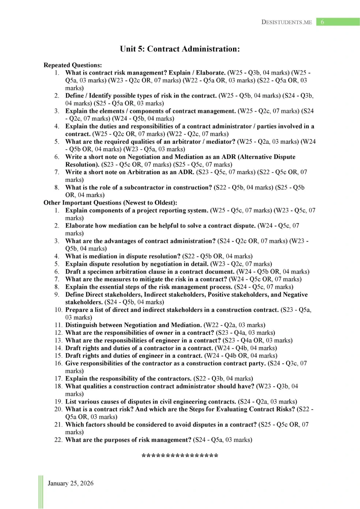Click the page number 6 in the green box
click(322, 22)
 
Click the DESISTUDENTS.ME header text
click(286, 22)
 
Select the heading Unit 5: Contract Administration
click(180, 49)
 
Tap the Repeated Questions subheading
click(72, 65)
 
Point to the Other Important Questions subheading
click(110, 203)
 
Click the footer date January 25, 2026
click(71, 483)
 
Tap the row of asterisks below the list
click(180, 456)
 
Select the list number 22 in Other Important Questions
click(59, 440)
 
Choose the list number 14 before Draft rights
click(59, 348)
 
